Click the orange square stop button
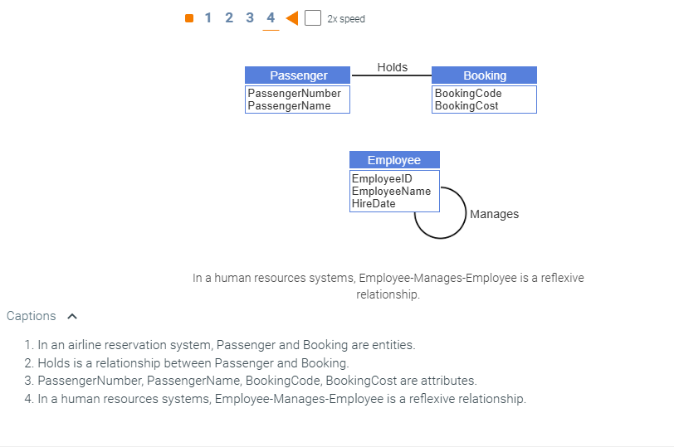[189, 18]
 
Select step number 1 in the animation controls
[208, 18]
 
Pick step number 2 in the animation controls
[229, 18]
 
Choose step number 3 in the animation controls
[250, 18]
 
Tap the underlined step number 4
[271, 18]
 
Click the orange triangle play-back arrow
[291, 18]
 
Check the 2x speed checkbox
[313, 18]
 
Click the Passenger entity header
[298, 75]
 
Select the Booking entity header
[484, 75]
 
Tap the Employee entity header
[394, 160]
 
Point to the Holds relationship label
[392, 67]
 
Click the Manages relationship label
[494, 214]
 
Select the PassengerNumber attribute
[294, 94]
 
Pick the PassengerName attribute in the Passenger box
[289, 105]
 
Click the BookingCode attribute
[468, 94]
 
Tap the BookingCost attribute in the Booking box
[466, 105]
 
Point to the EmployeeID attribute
[382, 178]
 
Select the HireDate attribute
[374, 203]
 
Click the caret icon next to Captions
[72, 316]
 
